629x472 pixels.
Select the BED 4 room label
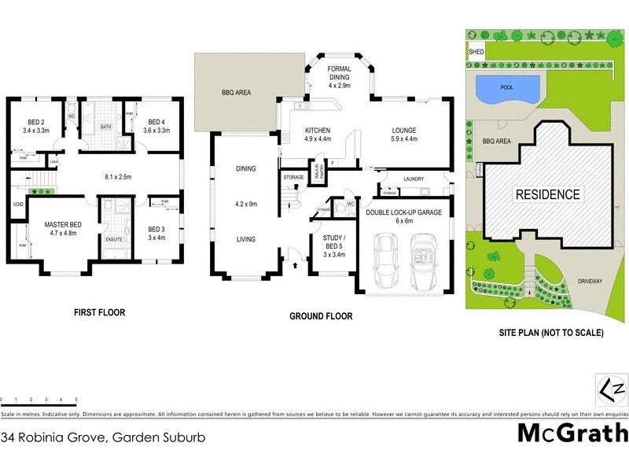pyautogui.click(x=157, y=121)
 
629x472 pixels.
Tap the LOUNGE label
pyautogui.click(x=404, y=131)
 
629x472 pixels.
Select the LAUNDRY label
pyautogui.click(x=414, y=179)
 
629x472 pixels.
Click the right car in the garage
pyautogui.click(x=425, y=264)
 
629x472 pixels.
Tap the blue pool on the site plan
pyautogui.click(x=508, y=88)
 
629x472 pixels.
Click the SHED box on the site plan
pyautogui.click(x=476, y=52)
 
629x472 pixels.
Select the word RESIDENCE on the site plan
pyautogui.click(x=548, y=194)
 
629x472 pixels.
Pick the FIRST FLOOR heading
pyautogui.click(x=99, y=312)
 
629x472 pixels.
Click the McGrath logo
pyautogui.click(x=572, y=432)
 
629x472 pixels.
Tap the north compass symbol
pyautogui.click(x=601, y=389)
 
